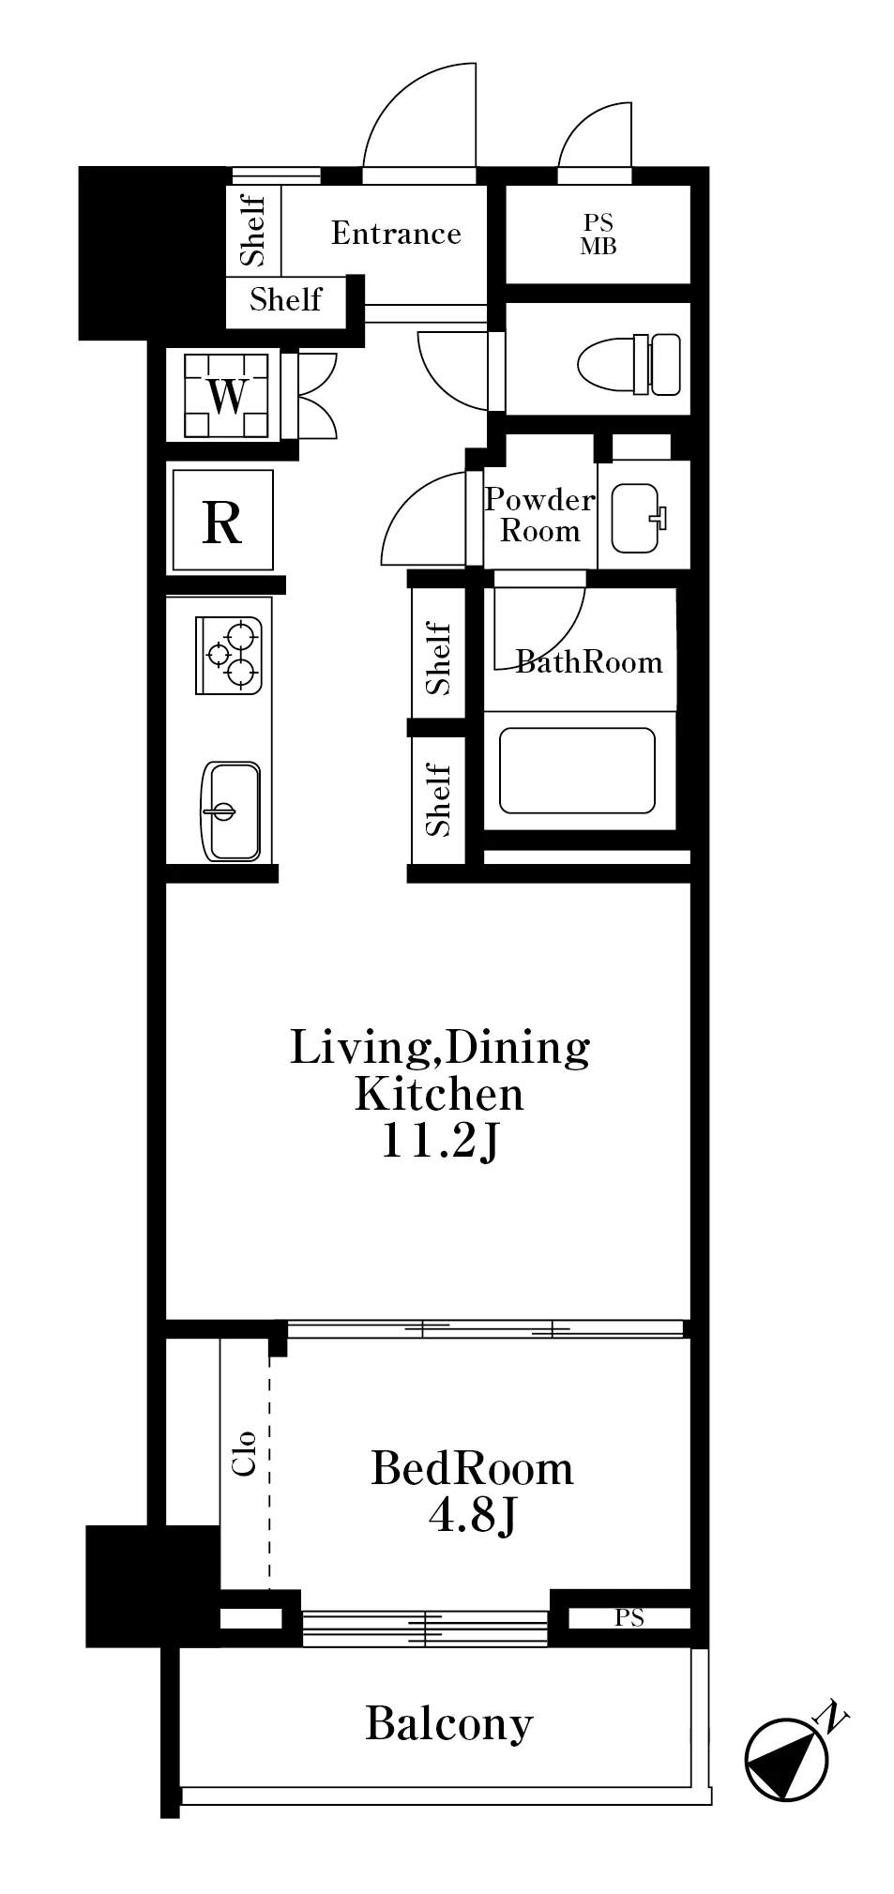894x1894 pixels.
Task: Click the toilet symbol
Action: (x=629, y=364)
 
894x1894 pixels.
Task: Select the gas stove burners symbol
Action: (x=228, y=655)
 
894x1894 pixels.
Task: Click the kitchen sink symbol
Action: (x=230, y=810)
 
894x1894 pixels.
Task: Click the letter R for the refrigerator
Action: (x=222, y=523)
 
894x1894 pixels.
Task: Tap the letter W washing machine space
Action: (x=225, y=396)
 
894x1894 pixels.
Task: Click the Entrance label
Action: (x=396, y=233)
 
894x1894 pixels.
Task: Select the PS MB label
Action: (x=598, y=235)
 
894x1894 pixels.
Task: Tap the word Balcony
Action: (x=449, y=1723)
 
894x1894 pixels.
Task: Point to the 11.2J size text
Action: (x=439, y=1141)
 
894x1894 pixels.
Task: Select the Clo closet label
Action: (x=244, y=1453)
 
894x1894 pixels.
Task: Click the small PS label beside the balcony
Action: (x=629, y=1617)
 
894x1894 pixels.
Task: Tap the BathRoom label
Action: (x=589, y=662)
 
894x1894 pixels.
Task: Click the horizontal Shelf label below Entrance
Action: (x=286, y=299)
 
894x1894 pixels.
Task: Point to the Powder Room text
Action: (x=539, y=515)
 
